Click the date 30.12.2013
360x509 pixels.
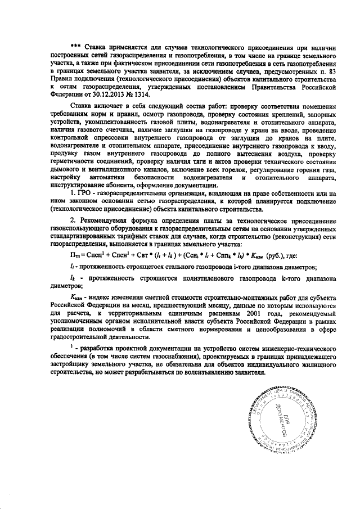[x=114, y=95]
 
